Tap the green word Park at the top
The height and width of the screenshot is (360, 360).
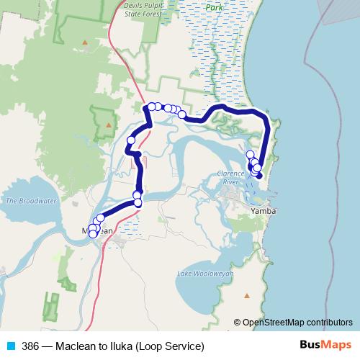point(214,6)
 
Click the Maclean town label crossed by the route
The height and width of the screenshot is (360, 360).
point(96,230)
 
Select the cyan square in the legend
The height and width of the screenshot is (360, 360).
point(11,345)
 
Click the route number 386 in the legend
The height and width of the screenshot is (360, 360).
point(31,345)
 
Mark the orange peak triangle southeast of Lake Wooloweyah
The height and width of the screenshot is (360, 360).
point(248,294)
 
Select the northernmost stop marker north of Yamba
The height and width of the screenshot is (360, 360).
point(250,154)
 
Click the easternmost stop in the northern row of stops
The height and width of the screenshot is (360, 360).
point(182,114)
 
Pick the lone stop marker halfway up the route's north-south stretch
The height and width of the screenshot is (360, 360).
point(131,140)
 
